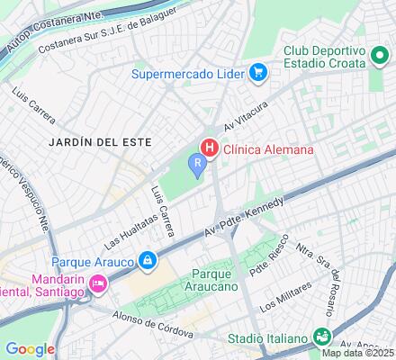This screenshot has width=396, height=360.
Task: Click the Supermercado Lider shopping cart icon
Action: coord(259,72)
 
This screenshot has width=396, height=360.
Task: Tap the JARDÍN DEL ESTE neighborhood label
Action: coord(87,142)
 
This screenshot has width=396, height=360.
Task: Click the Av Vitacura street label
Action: coord(247,121)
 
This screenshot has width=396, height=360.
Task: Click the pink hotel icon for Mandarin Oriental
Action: coord(98,284)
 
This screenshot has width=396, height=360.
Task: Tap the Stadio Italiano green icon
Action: coord(321,338)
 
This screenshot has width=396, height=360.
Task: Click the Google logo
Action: coord(30,349)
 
